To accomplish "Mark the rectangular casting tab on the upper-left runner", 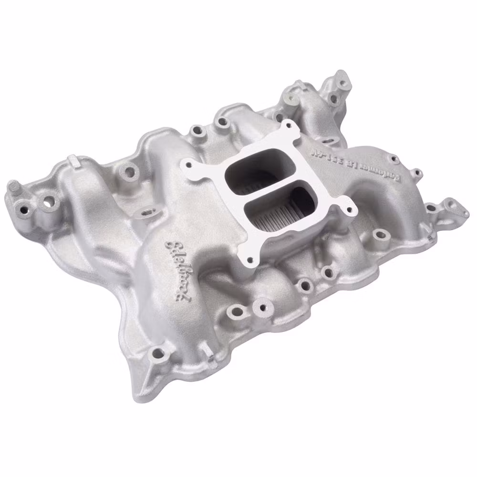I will pyautogui.click(x=72, y=159).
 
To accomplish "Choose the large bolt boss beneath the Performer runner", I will pyautogui.click(x=380, y=234).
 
